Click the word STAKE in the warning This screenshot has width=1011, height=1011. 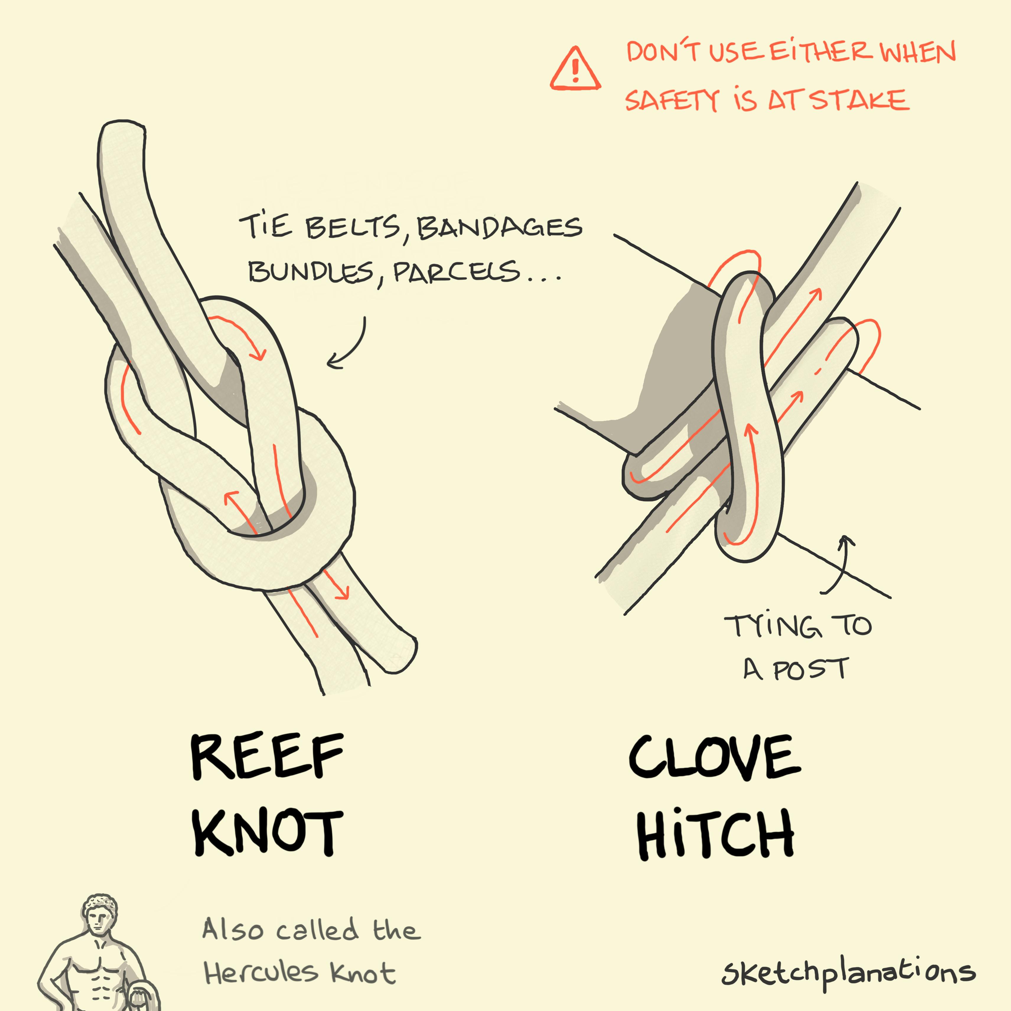point(860,100)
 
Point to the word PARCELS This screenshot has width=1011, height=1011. point(456,272)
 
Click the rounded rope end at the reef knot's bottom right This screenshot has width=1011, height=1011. point(400,654)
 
